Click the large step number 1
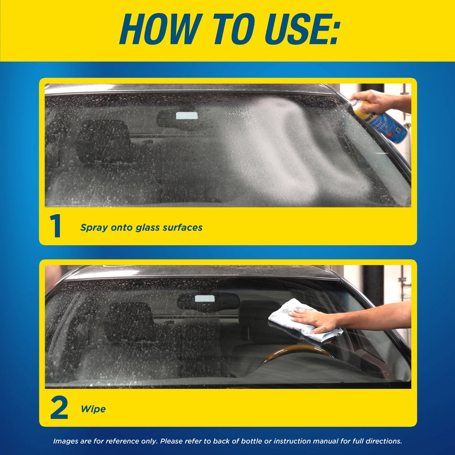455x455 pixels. [56, 227]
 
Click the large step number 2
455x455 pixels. [59, 408]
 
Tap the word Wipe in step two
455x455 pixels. [93, 409]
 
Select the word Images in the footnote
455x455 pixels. [66, 441]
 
